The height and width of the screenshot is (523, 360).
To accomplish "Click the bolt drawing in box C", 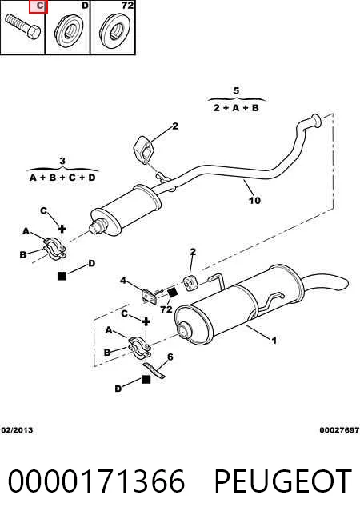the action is point(22,26).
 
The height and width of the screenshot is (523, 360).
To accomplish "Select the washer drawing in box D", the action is point(69,30).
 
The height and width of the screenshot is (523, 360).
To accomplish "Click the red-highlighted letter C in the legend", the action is point(38,6).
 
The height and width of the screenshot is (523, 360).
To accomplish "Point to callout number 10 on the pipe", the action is point(254,200).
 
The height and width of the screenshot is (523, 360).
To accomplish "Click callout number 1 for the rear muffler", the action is point(274,341).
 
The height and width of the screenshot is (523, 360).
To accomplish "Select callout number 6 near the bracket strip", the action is point(170,357).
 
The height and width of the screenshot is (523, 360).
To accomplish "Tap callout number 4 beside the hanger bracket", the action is point(123,281).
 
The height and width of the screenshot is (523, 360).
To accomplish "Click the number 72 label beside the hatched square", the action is point(166,309).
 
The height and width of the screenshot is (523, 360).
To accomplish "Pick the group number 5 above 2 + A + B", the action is point(236,90).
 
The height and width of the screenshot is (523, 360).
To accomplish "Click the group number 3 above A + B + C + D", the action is point(62,161).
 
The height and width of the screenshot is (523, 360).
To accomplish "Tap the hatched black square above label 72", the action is point(173,292).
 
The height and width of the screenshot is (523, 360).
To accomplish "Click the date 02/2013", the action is point(17,430).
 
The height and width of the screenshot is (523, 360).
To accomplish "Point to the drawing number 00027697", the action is point(339,430).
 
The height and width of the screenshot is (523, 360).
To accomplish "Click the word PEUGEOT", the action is point(282,481).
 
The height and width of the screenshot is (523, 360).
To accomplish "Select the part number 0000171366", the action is point(96,481).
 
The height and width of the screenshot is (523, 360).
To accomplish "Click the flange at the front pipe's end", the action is point(316,120).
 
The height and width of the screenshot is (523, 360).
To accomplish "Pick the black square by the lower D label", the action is point(146,379).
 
